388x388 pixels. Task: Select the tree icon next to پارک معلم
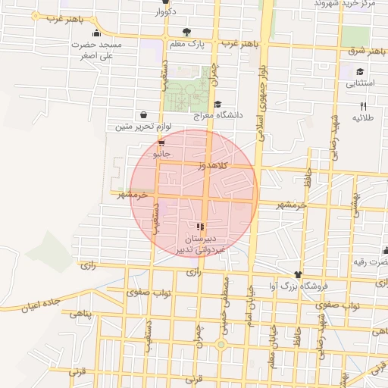point(186,33)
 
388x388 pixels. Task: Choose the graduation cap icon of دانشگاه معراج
point(218,104)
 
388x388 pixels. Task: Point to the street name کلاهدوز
point(213,164)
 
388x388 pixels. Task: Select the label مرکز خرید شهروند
point(346,4)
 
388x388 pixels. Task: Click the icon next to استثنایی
point(360,73)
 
